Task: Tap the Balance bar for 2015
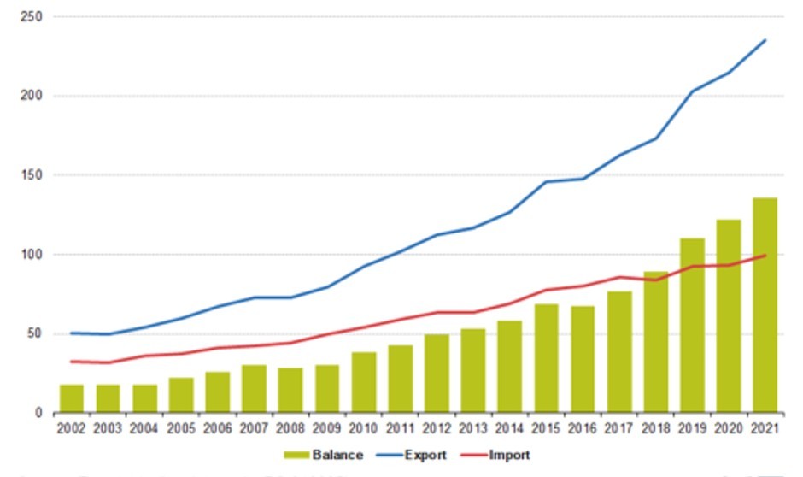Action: coord(546,359)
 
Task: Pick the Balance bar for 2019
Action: coord(692,326)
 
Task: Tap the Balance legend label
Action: coord(338,455)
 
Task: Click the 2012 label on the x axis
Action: coord(437,428)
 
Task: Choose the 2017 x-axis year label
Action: coord(619,428)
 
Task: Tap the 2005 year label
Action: coord(181,428)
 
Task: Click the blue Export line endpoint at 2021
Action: coord(765,40)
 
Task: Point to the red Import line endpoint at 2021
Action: coord(765,255)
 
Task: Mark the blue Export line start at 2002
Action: coord(71,333)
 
